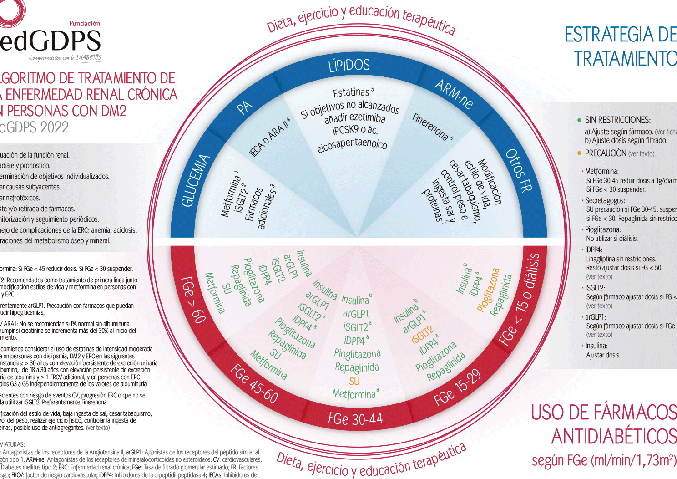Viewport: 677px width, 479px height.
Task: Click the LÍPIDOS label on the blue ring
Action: (x=349, y=66)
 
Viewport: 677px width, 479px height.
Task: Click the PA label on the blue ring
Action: (x=244, y=107)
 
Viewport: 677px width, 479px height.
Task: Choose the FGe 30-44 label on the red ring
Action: (x=355, y=418)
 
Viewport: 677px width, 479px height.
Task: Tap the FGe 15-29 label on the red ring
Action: (x=457, y=387)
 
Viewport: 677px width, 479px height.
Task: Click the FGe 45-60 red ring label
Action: (x=254, y=383)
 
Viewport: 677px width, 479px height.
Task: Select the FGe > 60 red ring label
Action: (x=193, y=299)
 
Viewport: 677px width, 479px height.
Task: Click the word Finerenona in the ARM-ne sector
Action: (x=430, y=126)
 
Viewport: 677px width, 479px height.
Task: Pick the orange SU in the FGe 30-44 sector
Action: (x=354, y=381)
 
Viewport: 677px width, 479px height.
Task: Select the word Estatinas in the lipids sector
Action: (x=351, y=92)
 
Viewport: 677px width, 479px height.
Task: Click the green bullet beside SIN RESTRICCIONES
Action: (x=579, y=120)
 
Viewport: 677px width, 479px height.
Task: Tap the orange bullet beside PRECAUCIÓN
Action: (x=579, y=153)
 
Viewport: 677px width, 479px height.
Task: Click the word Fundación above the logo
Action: (x=84, y=24)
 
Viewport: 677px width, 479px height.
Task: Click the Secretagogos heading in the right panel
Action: (x=605, y=200)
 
